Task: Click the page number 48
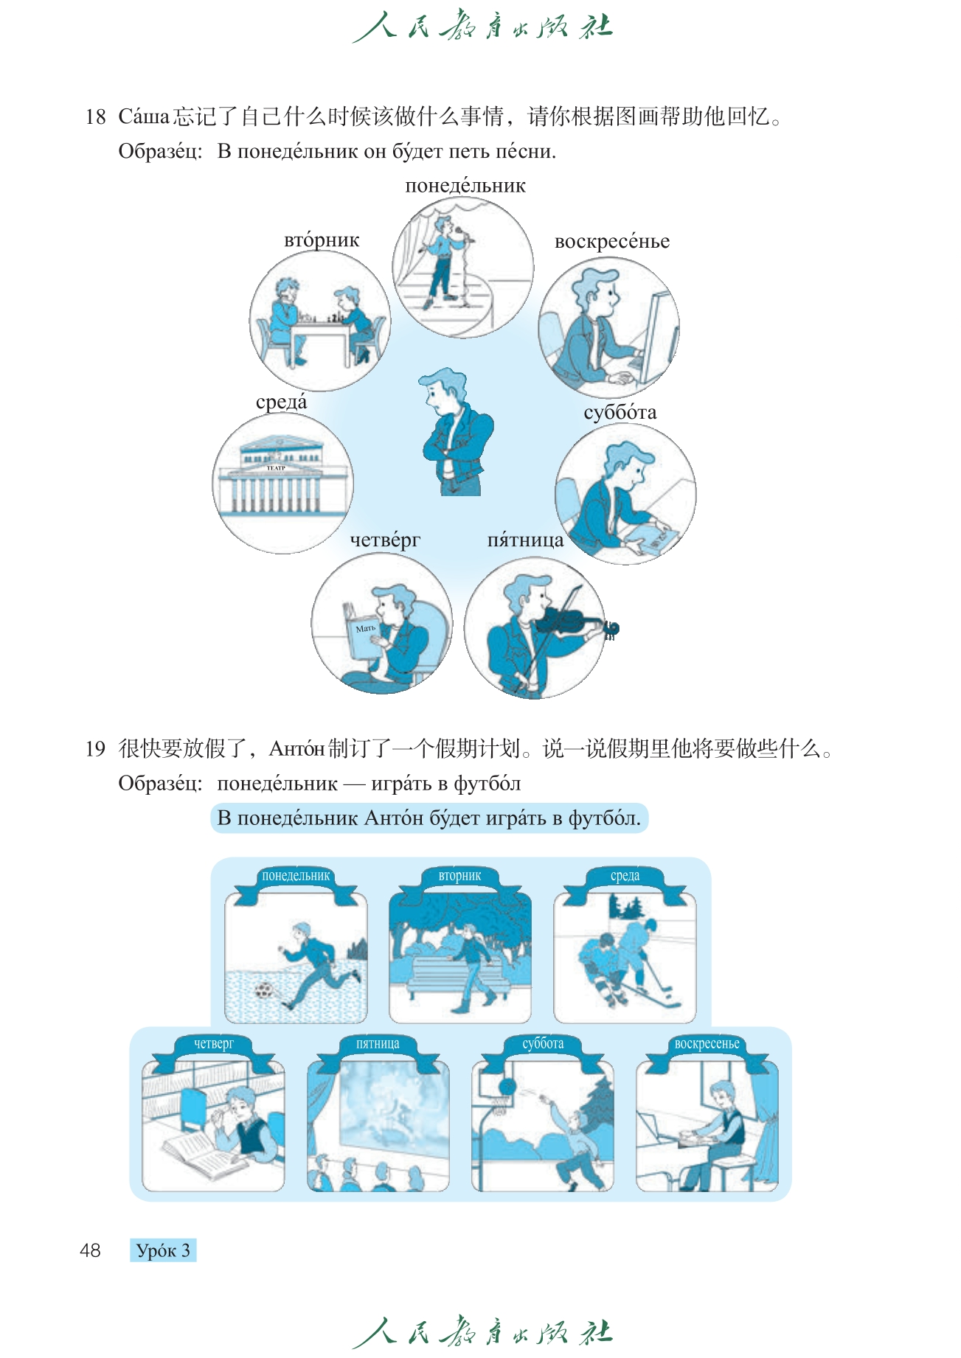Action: [90, 1250]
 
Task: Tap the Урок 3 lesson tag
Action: [163, 1250]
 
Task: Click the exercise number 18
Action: [95, 116]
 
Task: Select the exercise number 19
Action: [95, 749]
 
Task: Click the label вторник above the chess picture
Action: [322, 240]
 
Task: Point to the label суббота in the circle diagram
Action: [620, 412]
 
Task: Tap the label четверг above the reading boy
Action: [385, 540]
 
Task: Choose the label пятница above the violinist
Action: [525, 540]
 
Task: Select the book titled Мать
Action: [361, 631]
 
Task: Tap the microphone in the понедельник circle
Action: [463, 236]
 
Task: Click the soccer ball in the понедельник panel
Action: [263, 990]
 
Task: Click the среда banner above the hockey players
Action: [625, 877]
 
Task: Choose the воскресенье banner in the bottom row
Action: [707, 1045]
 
